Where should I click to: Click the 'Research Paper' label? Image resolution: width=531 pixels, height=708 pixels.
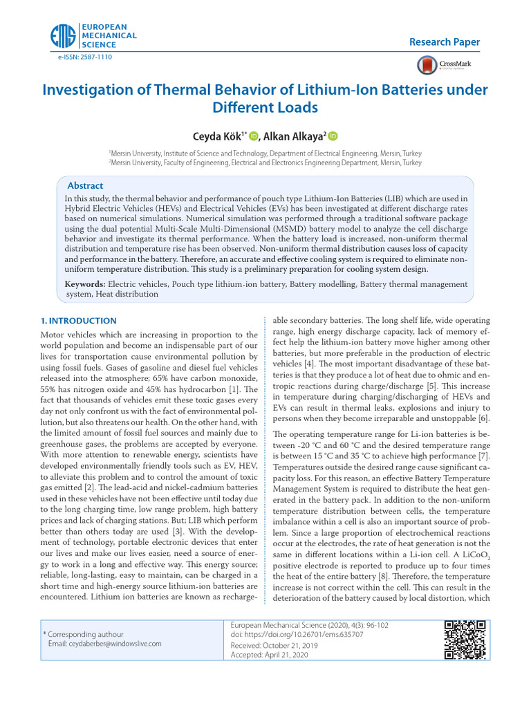pyautogui.click(x=445, y=42)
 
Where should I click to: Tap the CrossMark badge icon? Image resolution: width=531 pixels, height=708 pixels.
pyautogui.click(x=427, y=65)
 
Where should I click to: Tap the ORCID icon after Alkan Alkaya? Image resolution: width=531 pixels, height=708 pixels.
pyautogui.click(x=333, y=136)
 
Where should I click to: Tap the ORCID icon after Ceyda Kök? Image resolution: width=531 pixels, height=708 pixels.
pyautogui.click(x=253, y=136)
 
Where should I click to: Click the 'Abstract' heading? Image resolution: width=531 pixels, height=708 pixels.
pyautogui.click(x=85, y=186)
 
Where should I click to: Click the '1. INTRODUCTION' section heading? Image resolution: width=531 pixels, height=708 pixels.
pyautogui.click(x=78, y=321)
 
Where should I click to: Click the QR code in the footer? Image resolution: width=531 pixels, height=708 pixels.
pyautogui.click(x=464, y=640)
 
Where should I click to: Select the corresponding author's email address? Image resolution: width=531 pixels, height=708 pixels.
pyautogui.click(x=104, y=643)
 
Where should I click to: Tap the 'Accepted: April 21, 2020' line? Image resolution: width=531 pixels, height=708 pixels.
pyautogui.click(x=269, y=654)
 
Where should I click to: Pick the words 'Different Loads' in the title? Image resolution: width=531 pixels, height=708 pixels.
pyautogui.click(x=265, y=108)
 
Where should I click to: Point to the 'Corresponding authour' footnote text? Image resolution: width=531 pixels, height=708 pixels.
pyautogui.click(x=86, y=633)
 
